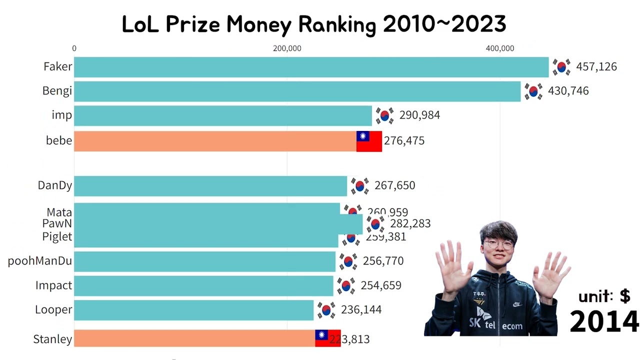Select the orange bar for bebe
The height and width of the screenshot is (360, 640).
click(215, 141)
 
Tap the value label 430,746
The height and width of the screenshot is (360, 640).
click(568, 91)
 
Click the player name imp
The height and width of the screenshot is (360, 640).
click(61, 115)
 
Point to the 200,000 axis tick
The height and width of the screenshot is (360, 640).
click(287, 48)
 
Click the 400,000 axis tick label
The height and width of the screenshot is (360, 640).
click(500, 48)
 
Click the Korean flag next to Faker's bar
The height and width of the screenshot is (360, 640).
click(561, 67)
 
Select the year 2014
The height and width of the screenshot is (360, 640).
click(604, 321)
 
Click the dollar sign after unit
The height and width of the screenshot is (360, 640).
click(625, 296)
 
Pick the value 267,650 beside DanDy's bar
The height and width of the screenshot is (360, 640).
click(394, 185)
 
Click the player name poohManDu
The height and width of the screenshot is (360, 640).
click(40, 261)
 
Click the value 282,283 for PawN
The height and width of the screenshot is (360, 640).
click(410, 223)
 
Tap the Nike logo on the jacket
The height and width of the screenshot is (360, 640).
click(516, 304)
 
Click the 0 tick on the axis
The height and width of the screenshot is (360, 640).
click(74, 48)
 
